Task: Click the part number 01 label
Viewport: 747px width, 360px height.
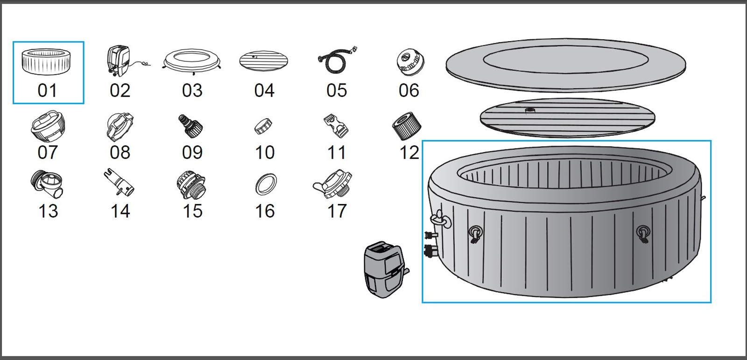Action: (x=47, y=91)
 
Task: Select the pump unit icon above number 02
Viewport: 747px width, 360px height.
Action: (x=119, y=61)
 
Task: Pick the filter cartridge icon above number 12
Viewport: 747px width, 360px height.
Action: (x=406, y=126)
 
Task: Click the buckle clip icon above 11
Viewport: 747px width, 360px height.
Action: (x=336, y=126)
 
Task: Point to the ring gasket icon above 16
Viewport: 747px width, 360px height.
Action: (x=266, y=184)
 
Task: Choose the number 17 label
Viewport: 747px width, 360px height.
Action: (x=337, y=211)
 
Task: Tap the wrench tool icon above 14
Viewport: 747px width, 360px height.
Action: (x=119, y=183)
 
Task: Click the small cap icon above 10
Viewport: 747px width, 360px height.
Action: (x=263, y=126)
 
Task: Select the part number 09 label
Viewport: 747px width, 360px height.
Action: (x=192, y=153)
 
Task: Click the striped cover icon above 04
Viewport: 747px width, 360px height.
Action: (x=264, y=61)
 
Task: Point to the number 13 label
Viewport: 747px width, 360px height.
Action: (x=48, y=211)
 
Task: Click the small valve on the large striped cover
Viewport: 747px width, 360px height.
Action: (x=530, y=111)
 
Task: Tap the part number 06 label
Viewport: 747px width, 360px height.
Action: (x=409, y=91)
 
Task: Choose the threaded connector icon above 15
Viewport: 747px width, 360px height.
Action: (x=191, y=184)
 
